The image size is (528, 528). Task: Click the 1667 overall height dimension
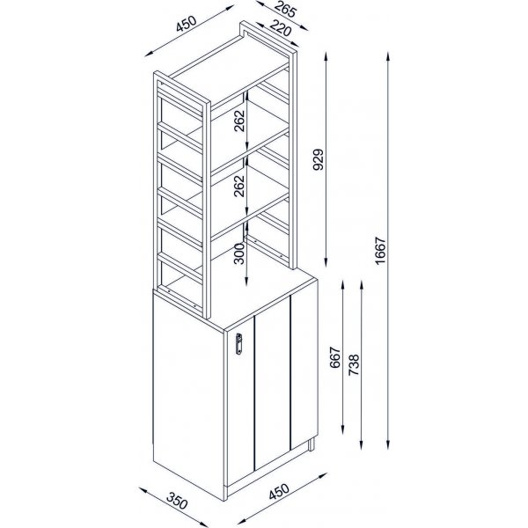pos(380,251)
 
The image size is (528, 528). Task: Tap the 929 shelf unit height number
pos(318,159)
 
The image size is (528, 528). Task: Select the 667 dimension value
pos(335,357)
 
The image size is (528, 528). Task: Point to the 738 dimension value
pos(354,365)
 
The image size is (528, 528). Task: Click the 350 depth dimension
pos(178,502)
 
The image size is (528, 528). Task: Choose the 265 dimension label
pos(285,9)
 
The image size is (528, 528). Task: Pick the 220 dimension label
pos(281,28)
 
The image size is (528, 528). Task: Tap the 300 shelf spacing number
pos(238,253)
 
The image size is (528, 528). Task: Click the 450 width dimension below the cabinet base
pos(279,492)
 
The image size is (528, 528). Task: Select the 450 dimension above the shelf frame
pos(186,24)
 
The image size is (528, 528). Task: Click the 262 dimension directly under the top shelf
pos(238,121)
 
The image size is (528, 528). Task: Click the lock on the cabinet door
pos(238,343)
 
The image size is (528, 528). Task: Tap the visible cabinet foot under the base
pos(312,444)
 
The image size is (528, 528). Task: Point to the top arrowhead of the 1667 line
pos(388,55)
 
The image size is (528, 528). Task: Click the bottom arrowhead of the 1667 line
pos(388,445)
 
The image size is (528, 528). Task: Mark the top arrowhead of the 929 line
pos(326,55)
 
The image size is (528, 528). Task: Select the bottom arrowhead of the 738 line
pos(362,445)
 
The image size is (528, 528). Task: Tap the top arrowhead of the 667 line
pos(343,284)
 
